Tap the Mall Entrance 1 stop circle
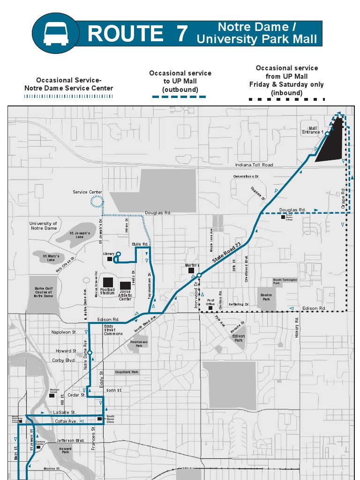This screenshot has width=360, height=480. [327, 134]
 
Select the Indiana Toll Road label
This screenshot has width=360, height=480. [254, 165]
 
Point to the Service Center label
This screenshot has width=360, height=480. [87, 192]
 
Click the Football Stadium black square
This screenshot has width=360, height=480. [108, 282]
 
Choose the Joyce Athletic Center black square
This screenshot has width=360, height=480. [125, 285]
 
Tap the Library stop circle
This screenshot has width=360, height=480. [118, 255]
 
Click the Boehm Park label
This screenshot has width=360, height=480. [266, 297]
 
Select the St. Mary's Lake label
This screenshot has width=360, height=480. [51, 258]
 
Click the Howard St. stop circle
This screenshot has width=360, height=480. [90, 352]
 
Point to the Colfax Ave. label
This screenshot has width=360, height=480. [66, 421]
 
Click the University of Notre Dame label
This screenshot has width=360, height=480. [43, 226]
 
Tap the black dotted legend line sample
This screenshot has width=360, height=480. [286, 99]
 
